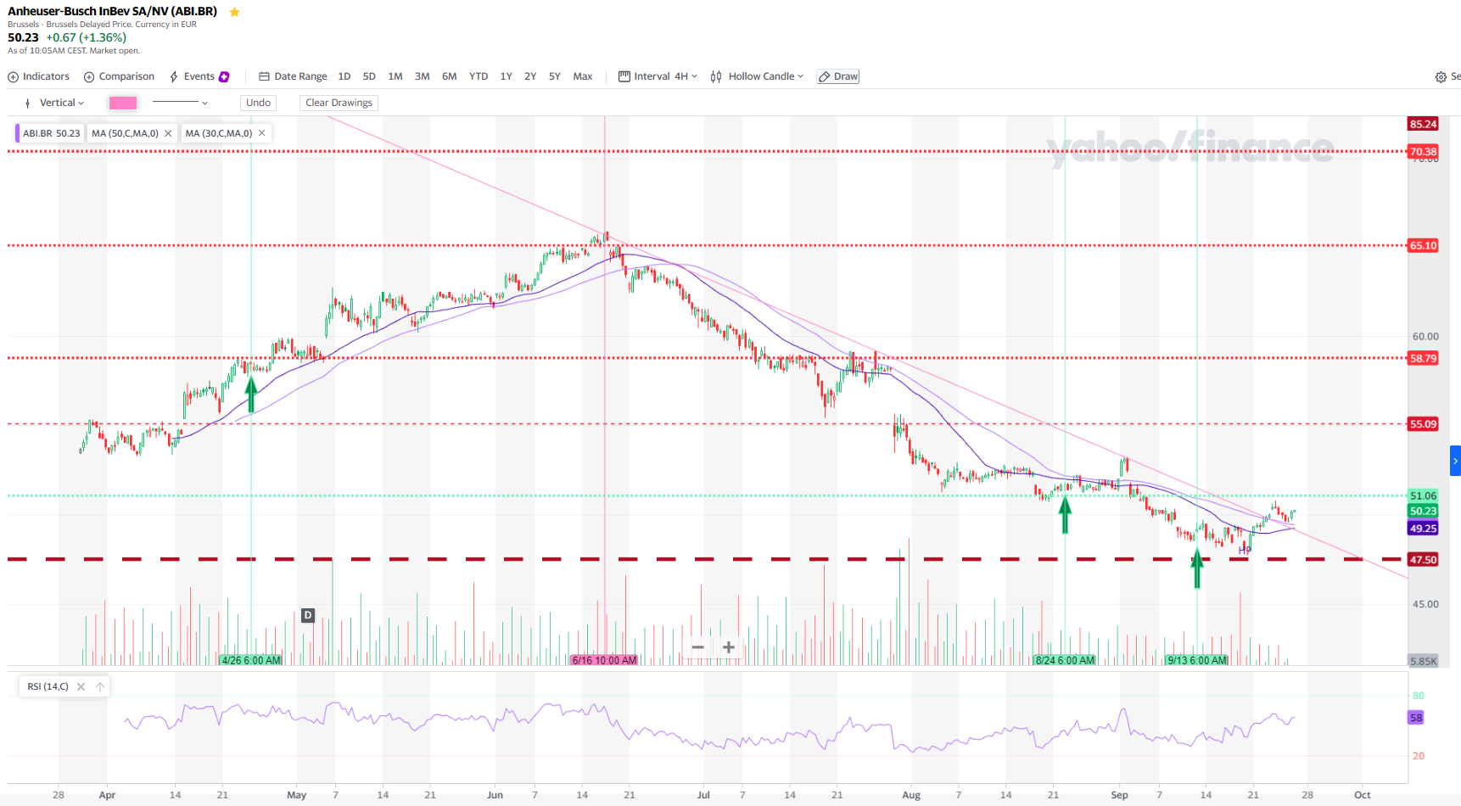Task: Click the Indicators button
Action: tap(39, 76)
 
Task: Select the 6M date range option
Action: tap(449, 76)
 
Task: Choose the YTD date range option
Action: tap(479, 76)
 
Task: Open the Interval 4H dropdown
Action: tap(658, 76)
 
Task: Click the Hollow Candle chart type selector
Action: tap(757, 76)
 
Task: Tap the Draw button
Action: tap(838, 76)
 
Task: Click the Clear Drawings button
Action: tap(339, 103)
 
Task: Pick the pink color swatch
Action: tap(123, 103)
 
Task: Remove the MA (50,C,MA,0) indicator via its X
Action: tap(168, 133)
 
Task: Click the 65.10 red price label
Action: tap(1423, 246)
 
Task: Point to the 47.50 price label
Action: tap(1423, 560)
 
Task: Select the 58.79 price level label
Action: tap(1423, 358)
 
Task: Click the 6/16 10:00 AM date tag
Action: tap(604, 660)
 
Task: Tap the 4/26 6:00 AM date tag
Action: tap(251, 660)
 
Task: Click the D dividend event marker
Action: tap(308, 615)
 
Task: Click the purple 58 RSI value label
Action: tap(1416, 718)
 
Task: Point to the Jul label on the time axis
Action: tap(703, 795)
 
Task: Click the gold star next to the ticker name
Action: tap(235, 12)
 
